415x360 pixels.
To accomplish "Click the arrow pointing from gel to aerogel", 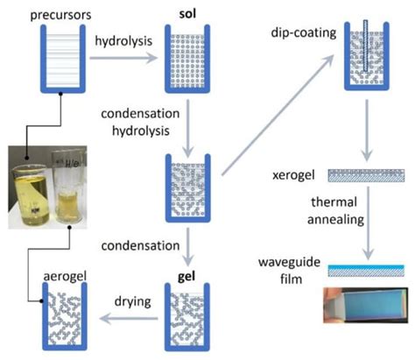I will click(122, 323).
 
